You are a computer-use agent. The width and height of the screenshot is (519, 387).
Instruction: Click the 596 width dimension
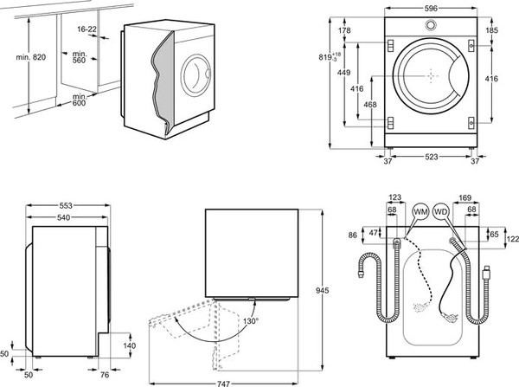pos(431,9)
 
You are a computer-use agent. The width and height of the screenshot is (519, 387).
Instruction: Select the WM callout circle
pos(420,211)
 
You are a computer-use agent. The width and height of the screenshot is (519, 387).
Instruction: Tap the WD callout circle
pos(441,211)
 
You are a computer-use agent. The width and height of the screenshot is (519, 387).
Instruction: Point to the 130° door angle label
pos(251,321)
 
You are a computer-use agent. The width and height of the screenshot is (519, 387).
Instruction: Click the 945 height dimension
pos(322,291)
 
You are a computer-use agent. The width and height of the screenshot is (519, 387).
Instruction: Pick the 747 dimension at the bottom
pos(223,384)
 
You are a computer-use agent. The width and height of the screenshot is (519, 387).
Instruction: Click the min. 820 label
pos(31,57)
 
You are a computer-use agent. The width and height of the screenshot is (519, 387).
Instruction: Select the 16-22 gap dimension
pos(87,29)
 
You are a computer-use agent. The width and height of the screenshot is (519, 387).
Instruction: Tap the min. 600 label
pos(80,100)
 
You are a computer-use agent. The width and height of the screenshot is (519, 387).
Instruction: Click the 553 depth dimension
pos(66,205)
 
